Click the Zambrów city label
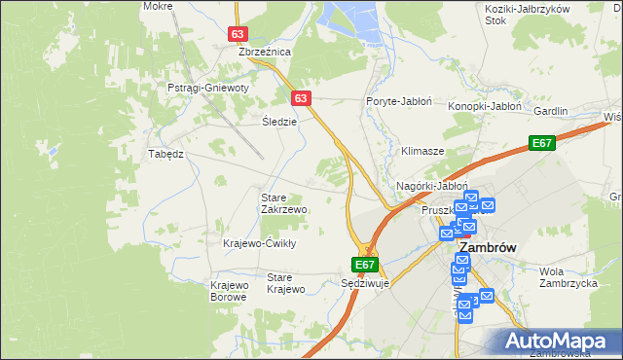(x=487, y=247)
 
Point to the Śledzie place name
(x=279, y=122)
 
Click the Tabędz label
(x=165, y=154)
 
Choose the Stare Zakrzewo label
(x=284, y=203)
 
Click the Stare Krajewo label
(x=286, y=283)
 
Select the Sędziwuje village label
(x=366, y=284)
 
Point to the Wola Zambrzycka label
(x=568, y=277)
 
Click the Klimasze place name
(x=422, y=152)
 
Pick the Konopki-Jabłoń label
(x=486, y=107)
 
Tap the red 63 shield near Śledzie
(x=301, y=98)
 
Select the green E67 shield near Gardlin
(x=542, y=143)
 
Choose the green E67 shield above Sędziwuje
(x=364, y=264)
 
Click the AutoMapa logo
(x=558, y=341)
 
